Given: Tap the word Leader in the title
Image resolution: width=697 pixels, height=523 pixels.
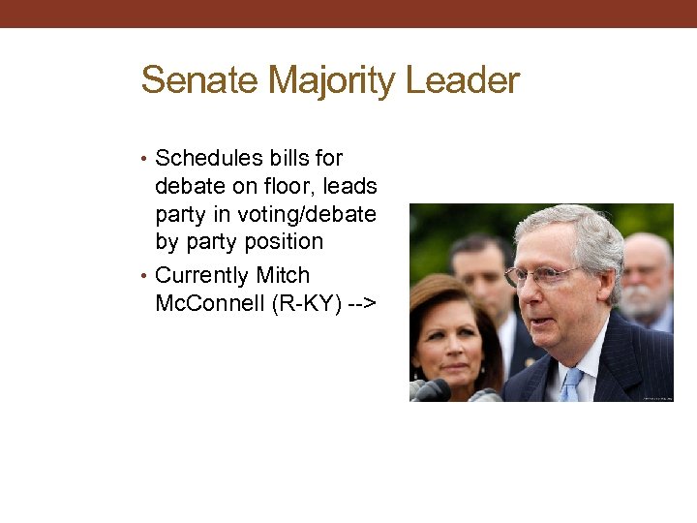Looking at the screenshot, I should coord(463,80).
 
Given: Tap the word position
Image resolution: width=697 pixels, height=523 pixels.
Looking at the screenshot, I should coord(280,241).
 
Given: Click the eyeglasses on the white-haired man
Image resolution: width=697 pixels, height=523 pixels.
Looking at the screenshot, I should coord(544,276).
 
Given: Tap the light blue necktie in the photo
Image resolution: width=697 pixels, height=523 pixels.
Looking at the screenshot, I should coord(572,384).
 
